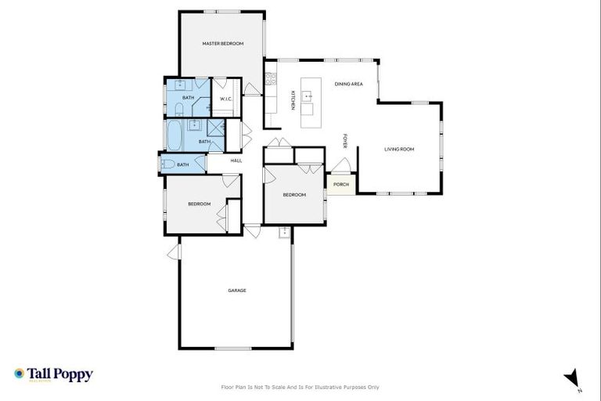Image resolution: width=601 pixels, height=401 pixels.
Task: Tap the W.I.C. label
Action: pyautogui.click(x=225, y=99)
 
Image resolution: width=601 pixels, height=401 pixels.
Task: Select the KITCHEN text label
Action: pyautogui.click(x=293, y=100)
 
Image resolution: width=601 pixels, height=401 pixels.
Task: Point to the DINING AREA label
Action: pyautogui.click(x=348, y=84)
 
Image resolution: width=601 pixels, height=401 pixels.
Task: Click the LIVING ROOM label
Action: pyautogui.click(x=398, y=149)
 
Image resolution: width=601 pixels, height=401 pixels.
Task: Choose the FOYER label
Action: pyautogui.click(x=345, y=142)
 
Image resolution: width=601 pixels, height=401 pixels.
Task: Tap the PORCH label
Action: pyautogui.click(x=340, y=185)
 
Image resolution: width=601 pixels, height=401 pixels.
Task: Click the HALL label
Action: pyautogui.click(x=236, y=161)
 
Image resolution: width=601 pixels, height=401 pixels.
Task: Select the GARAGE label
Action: pyautogui.click(x=236, y=291)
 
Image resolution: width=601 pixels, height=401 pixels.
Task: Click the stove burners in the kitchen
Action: pyautogui.click(x=270, y=78)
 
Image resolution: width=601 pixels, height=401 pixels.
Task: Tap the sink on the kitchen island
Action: pyautogui.click(x=308, y=96)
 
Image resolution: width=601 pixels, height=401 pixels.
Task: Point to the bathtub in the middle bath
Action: pyautogui.click(x=175, y=135)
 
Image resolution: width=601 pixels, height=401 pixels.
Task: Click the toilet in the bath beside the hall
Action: pyautogui.click(x=167, y=164)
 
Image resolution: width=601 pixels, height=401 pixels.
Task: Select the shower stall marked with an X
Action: pyautogui.click(x=215, y=127)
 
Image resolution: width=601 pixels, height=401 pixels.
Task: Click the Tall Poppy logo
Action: pyautogui.click(x=53, y=374)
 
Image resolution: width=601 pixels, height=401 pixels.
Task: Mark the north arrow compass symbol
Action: pyautogui.click(x=574, y=378)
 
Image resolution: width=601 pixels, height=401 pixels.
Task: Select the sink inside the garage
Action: pyautogui.click(x=283, y=232)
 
